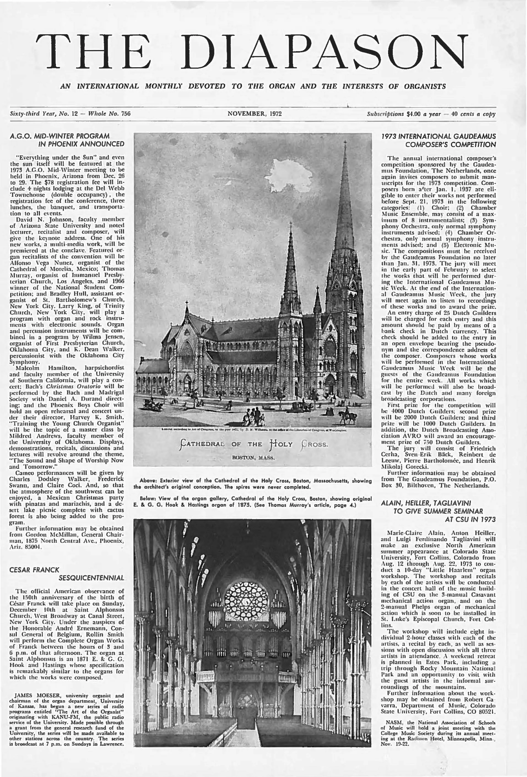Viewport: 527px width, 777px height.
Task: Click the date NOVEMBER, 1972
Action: pos(254,114)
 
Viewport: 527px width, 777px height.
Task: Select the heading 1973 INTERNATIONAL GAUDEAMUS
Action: pos(439,136)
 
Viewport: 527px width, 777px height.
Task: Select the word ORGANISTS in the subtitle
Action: pos(425,86)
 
